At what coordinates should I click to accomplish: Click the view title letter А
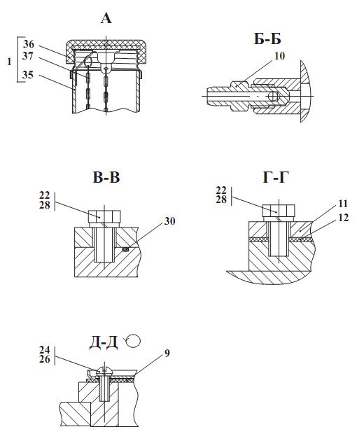click(106, 19)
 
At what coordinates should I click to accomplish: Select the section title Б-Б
click(267, 39)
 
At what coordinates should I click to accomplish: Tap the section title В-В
click(106, 177)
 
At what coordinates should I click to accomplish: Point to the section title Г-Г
click(276, 177)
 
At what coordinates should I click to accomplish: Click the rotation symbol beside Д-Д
click(132, 341)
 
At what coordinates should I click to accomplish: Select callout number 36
click(29, 44)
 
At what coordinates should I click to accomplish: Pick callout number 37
click(28, 56)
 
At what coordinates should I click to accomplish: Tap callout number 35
click(28, 75)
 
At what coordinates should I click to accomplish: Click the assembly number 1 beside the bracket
click(9, 62)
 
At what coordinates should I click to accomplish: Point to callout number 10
click(280, 56)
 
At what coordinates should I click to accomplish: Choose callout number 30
click(169, 221)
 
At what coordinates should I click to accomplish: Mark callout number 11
click(343, 204)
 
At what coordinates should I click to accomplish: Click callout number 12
click(344, 218)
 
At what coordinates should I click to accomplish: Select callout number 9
click(167, 353)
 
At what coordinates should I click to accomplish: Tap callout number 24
click(45, 350)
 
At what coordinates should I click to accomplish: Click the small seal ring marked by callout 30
click(126, 250)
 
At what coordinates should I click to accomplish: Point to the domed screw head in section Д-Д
click(105, 372)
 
